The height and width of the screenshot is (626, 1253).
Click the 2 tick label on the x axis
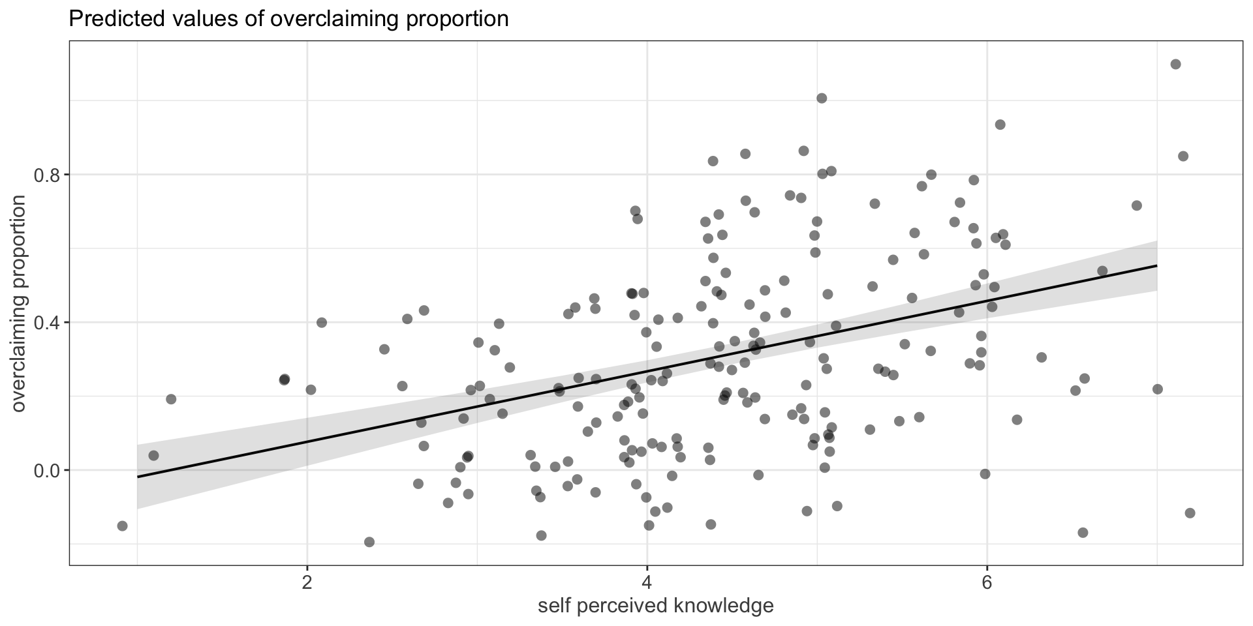[307, 582]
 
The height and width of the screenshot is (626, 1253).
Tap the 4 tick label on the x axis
[647, 582]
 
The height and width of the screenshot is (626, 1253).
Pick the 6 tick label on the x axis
[987, 582]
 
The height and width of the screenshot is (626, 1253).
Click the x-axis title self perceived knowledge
[655, 606]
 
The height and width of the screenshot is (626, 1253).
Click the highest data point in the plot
[1175, 64]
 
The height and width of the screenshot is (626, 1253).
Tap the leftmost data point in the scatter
[122, 526]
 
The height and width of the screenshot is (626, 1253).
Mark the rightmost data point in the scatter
[1190, 513]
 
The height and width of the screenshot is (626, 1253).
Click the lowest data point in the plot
[369, 542]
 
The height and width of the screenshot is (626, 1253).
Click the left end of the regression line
[138, 477]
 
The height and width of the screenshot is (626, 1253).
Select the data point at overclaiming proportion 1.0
[822, 98]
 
